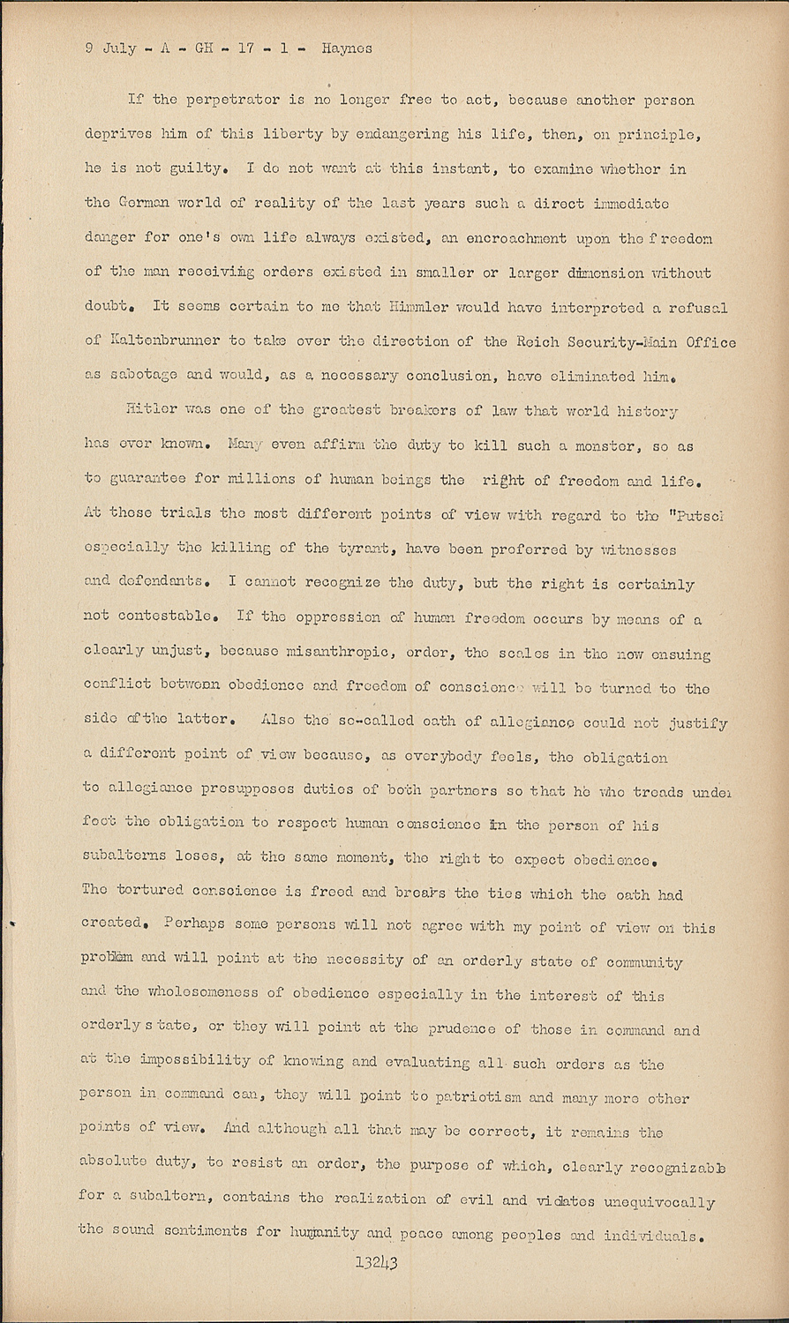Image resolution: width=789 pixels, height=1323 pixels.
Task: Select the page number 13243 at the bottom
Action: pos(377,1261)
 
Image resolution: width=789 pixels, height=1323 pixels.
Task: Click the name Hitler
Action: pos(154,411)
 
